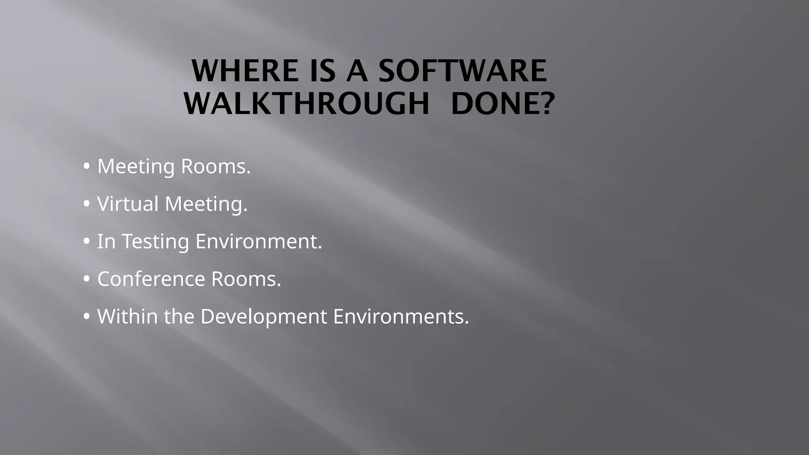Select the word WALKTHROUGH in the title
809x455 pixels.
tap(307, 104)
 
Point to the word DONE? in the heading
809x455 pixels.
tap(502, 104)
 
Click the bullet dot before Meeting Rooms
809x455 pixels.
tap(87, 167)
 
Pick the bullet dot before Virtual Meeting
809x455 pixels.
tap(87, 205)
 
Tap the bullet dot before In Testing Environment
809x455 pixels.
tap(87, 242)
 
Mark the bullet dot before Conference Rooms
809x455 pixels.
tap(87, 280)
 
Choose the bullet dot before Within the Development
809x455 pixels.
tap(87, 317)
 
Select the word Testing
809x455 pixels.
tap(155, 242)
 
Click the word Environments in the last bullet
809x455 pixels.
tap(401, 317)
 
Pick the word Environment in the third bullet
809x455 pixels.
tap(259, 241)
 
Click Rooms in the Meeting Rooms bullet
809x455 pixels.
tap(216, 166)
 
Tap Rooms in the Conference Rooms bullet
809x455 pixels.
tap(246, 279)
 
